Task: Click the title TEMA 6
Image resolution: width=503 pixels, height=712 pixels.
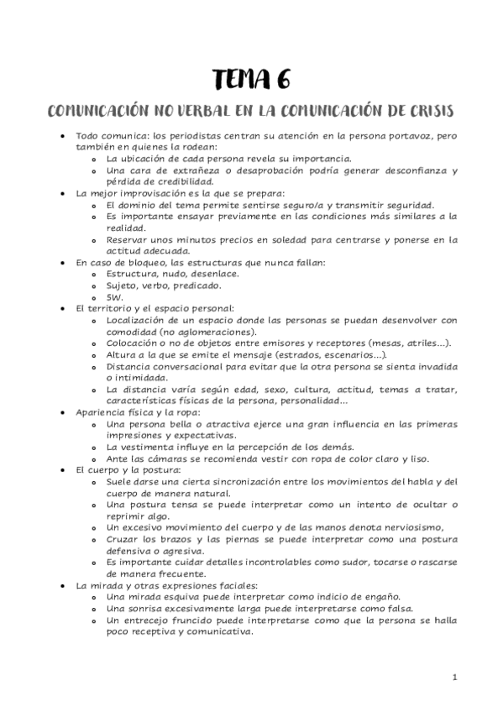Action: (251, 80)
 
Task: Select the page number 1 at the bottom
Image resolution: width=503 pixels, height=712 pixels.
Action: (454, 677)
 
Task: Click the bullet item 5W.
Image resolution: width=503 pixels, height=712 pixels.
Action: (115, 297)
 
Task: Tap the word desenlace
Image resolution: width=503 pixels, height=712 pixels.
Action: (214, 274)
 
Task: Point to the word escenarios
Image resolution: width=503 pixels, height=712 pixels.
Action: (349, 354)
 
